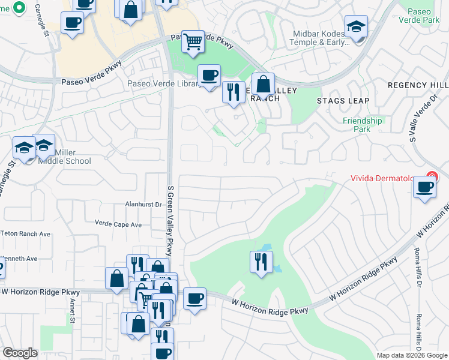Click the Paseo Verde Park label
423,17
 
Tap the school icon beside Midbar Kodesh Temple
356,27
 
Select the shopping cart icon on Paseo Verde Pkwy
193,42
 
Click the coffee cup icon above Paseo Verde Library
209,76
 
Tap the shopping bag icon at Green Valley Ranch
263,85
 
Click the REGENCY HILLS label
418,86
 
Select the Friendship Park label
363,125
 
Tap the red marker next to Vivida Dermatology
430,177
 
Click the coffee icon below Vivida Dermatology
424,188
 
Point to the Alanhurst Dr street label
143,205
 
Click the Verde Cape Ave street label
118,224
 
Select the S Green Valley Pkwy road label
170,221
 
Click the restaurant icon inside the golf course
261,262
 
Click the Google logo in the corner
20,353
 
